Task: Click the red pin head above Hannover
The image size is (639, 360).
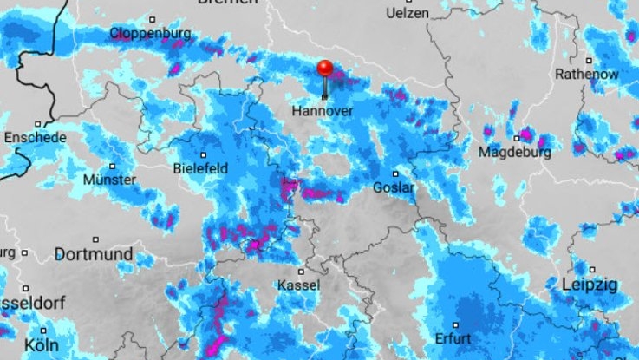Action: pos(325,69)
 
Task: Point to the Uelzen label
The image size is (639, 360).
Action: pos(408,14)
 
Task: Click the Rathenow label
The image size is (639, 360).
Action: pos(587,75)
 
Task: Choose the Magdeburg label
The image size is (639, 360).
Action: pos(515,153)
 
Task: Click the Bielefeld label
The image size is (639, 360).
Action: pos(203,167)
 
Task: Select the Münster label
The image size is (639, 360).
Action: pos(110,180)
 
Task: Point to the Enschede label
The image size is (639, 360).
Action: pos(34,138)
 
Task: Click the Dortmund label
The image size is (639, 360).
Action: pos(94,254)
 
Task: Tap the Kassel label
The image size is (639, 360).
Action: pos(298,285)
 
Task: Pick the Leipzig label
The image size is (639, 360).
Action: pos(589,285)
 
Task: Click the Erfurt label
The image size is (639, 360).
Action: pos(453,337)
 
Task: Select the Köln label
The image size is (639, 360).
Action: pos(42,345)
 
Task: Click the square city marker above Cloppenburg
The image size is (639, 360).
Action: pos(152,19)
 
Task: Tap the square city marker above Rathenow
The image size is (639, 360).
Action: pos(589,61)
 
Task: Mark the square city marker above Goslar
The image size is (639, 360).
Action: pos(394,173)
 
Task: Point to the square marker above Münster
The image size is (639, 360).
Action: pos(112,166)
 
